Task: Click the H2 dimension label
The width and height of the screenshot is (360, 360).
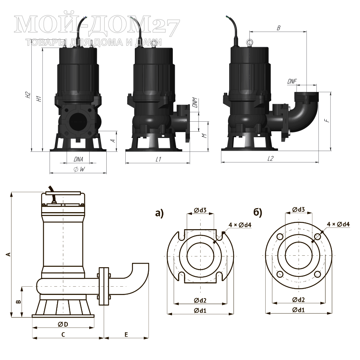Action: pos(28,95)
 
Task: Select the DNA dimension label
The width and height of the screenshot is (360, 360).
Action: pos(78,159)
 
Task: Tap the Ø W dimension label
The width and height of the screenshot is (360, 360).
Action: pos(79,169)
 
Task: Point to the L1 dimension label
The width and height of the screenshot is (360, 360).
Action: pos(159,159)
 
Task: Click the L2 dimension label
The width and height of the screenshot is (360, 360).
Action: pos(270,159)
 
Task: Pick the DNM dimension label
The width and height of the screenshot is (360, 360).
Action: pos(195,103)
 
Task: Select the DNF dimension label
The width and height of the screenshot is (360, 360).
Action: pos(292,81)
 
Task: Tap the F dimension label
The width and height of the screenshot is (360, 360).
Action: pos(327,120)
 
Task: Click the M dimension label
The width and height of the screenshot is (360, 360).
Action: pos(204,136)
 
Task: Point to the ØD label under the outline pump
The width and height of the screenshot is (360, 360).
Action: pos(63,324)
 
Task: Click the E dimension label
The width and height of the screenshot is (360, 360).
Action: pos(126,335)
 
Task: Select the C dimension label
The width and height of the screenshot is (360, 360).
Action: pos(63,335)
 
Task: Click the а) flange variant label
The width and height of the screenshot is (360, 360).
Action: pos(159,213)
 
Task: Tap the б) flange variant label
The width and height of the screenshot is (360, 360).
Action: pos(258,213)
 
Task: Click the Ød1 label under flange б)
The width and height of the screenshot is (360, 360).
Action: pos(299,310)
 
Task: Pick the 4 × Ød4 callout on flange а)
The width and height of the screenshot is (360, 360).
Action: pos(240,225)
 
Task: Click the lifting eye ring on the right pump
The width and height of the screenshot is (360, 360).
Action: pos(249,42)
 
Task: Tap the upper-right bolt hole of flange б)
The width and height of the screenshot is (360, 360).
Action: pos(318,236)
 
